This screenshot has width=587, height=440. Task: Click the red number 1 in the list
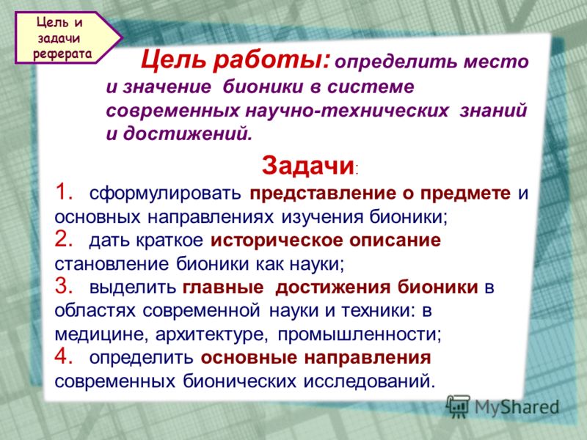[x=64, y=193]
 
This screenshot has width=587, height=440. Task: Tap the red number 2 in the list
[x=64, y=240]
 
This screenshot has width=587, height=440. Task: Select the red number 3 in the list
[x=64, y=287]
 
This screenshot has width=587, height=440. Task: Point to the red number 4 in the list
[x=64, y=356]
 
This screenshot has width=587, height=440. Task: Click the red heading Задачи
[x=307, y=166]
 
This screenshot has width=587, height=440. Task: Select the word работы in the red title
[x=272, y=60]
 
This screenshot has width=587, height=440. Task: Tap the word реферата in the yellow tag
[x=62, y=54]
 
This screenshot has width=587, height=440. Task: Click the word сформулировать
[x=165, y=194]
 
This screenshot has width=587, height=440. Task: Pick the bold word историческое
[x=277, y=241]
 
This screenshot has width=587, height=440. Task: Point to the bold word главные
[x=223, y=287]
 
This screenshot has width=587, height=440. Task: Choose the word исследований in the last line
[x=370, y=381]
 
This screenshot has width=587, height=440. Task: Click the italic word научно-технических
[x=346, y=111]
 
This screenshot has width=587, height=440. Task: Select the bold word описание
[x=395, y=241]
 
